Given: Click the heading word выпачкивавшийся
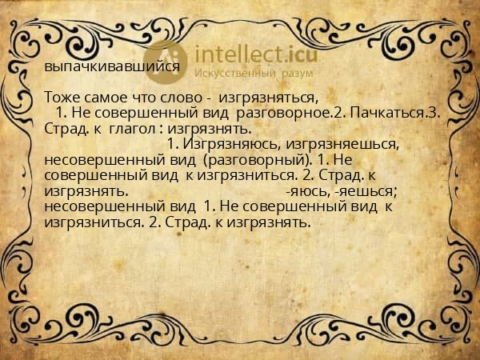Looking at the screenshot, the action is tap(112, 66).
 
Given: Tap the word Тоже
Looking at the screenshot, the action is tap(62, 98).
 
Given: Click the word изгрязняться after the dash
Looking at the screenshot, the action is tap(267, 98).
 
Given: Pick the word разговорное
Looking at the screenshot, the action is tap(284, 114).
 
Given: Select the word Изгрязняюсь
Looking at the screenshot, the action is tap(232, 144).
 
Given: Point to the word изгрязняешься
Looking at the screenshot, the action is tap(342, 145).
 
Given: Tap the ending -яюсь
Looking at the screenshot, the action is tap(307, 192).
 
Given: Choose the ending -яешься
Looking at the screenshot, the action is tap(366, 192).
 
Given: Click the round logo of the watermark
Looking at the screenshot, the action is tap(166, 62).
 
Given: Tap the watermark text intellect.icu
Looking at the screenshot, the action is tap(256, 54).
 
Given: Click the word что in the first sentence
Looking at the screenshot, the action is tap(141, 98).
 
